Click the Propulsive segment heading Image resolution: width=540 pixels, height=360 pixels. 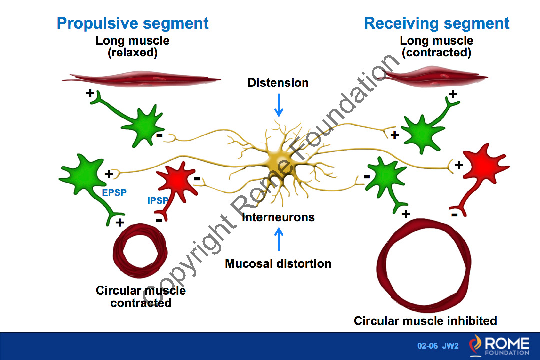(x=132, y=23)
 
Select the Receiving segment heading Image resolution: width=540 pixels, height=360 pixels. (x=436, y=23)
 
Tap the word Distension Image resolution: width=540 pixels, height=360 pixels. (x=278, y=83)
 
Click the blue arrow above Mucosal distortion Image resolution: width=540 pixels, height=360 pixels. (x=278, y=239)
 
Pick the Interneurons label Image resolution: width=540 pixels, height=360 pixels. (x=278, y=217)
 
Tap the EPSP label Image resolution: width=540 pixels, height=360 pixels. (x=114, y=193)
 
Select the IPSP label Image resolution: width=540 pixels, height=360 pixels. (x=158, y=201)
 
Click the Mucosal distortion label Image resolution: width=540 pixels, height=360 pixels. (x=278, y=263)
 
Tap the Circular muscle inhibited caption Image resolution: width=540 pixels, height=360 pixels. (x=425, y=320)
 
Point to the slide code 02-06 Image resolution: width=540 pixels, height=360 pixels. (x=428, y=346)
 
